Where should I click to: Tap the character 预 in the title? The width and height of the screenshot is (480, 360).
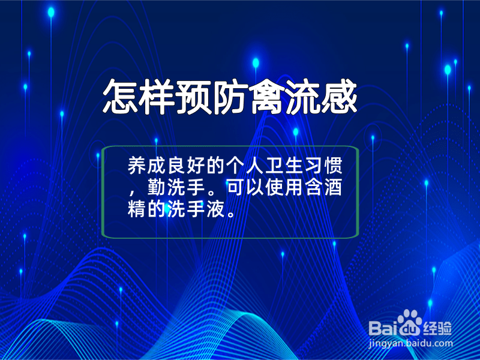pyautogui.click(x=193, y=97)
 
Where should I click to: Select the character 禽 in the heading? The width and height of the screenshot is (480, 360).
pyautogui.click(x=266, y=97)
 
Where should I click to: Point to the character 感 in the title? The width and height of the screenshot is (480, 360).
pyautogui.click(x=339, y=97)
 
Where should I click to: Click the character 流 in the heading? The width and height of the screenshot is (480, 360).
pyautogui.click(x=302, y=97)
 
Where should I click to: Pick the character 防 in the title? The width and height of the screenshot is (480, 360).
pyautogui.click(x=230, y=97)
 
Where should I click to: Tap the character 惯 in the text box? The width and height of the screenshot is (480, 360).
pyautogui.click(x=333, y=166)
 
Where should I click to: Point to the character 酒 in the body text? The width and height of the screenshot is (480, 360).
pyautogui.click(x=333, y=187)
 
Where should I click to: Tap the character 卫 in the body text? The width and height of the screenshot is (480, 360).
pyautogui.click(x=274, y=166)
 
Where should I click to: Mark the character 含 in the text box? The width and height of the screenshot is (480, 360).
pyautogui.click(x=313, y=187)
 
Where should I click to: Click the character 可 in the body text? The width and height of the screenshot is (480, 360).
pyautogui.click(x=235, y=187)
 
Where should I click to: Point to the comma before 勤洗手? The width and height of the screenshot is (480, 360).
pyautogui.click(x=131, y=193)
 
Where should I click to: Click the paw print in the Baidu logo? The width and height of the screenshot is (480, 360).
pyautogui.click(x=409, y=322)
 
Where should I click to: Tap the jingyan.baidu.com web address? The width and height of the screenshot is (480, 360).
pyautogui.click(x=410, y=344)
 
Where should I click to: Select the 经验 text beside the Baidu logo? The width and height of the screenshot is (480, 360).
pyautogui.click(x=437, y=329)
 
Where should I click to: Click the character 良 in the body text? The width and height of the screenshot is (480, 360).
pyautogui.click(x=176, y=166)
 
